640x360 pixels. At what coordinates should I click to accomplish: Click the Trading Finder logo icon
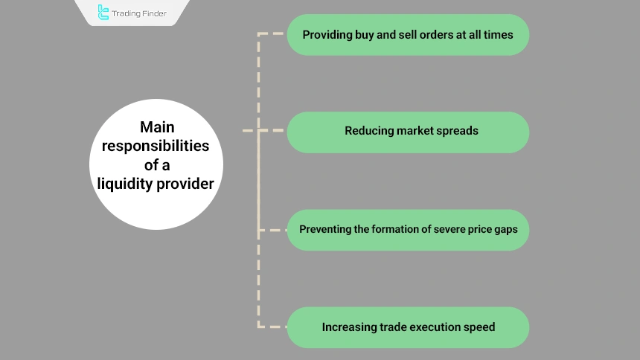pyautogui.click(x=103, y=12)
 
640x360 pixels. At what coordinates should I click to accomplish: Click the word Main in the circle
pyautogui.click(x=157, y=127)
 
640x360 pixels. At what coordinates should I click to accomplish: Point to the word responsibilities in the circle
pyautogui.click(x=157, y=146)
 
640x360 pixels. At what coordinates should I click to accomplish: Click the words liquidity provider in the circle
pyautogui.click(x=157, y=183)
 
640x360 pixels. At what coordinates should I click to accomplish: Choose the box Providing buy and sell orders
pyautogui.click(x=408, y=34)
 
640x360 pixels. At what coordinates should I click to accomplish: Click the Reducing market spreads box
pyautogui.click(x=408, y=132)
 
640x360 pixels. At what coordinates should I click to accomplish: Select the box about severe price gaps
pyautogui.click(x=408, y=229)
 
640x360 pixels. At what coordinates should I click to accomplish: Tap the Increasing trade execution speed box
pyautogui.click(x=408, y=327)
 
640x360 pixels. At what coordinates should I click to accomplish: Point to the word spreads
pyautogui.click(x=458, y=132)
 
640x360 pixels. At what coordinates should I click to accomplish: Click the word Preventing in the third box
pyautogui.click(x=324, y=229)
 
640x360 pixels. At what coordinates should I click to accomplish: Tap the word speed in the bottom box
pyautogui.click(x=480, y=327)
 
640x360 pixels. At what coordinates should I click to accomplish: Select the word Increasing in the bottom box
pyautogui.click(x=348, y=327)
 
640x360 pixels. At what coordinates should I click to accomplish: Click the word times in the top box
pyautogui.click(x=498, y=34)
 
